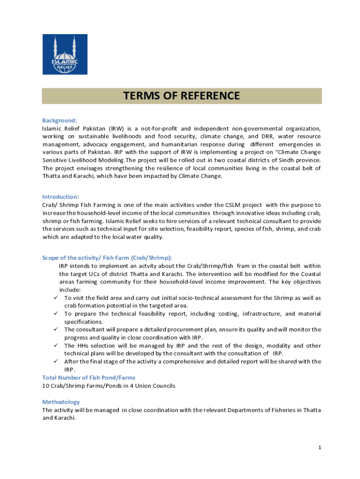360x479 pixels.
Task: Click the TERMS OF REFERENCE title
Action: click(x=181, y=96)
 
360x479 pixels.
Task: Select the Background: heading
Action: click(x=59, y=120)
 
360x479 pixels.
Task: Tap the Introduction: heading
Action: click(x=60, y=197)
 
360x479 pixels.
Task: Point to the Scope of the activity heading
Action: click(x=107, y=258)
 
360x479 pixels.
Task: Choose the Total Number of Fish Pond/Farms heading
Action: click(x=89, y=377)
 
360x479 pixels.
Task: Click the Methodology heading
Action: click(x=61, y=402)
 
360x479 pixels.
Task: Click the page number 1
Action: click(x=319, y=448)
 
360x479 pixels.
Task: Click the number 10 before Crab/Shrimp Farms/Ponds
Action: click(x=45, y=386)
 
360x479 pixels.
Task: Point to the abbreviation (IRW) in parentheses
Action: click(x=117, y=128)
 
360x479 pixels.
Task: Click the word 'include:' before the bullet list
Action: click(x=70, y=290)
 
